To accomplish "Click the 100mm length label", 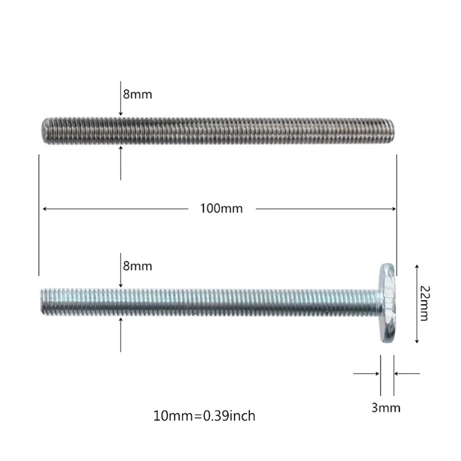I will click(221, 209).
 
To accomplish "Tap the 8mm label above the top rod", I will click(137, 94).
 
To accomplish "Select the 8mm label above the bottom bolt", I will click(137, 266).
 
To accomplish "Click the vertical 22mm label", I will click(425, 304).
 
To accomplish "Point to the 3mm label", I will click(386, 409).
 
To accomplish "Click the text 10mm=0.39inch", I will click(205, 415).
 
